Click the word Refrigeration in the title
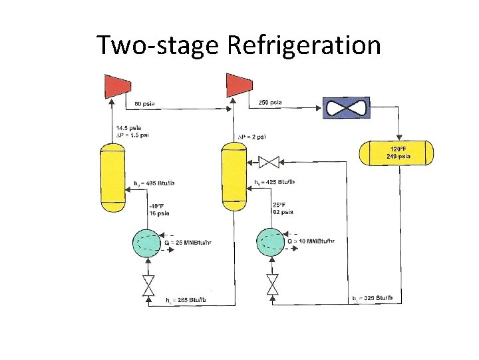pos(304,45)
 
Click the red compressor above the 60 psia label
pos(117,85)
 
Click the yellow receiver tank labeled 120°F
pos(397,153)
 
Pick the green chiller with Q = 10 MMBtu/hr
pos(272,243)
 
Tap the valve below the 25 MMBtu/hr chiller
pos(149,285)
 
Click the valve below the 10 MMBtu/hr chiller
pos(272,285)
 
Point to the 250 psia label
pos(269,103)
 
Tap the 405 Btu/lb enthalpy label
pos(154,183)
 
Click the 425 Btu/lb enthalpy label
pos(275,182)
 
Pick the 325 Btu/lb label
pos(376,297)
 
